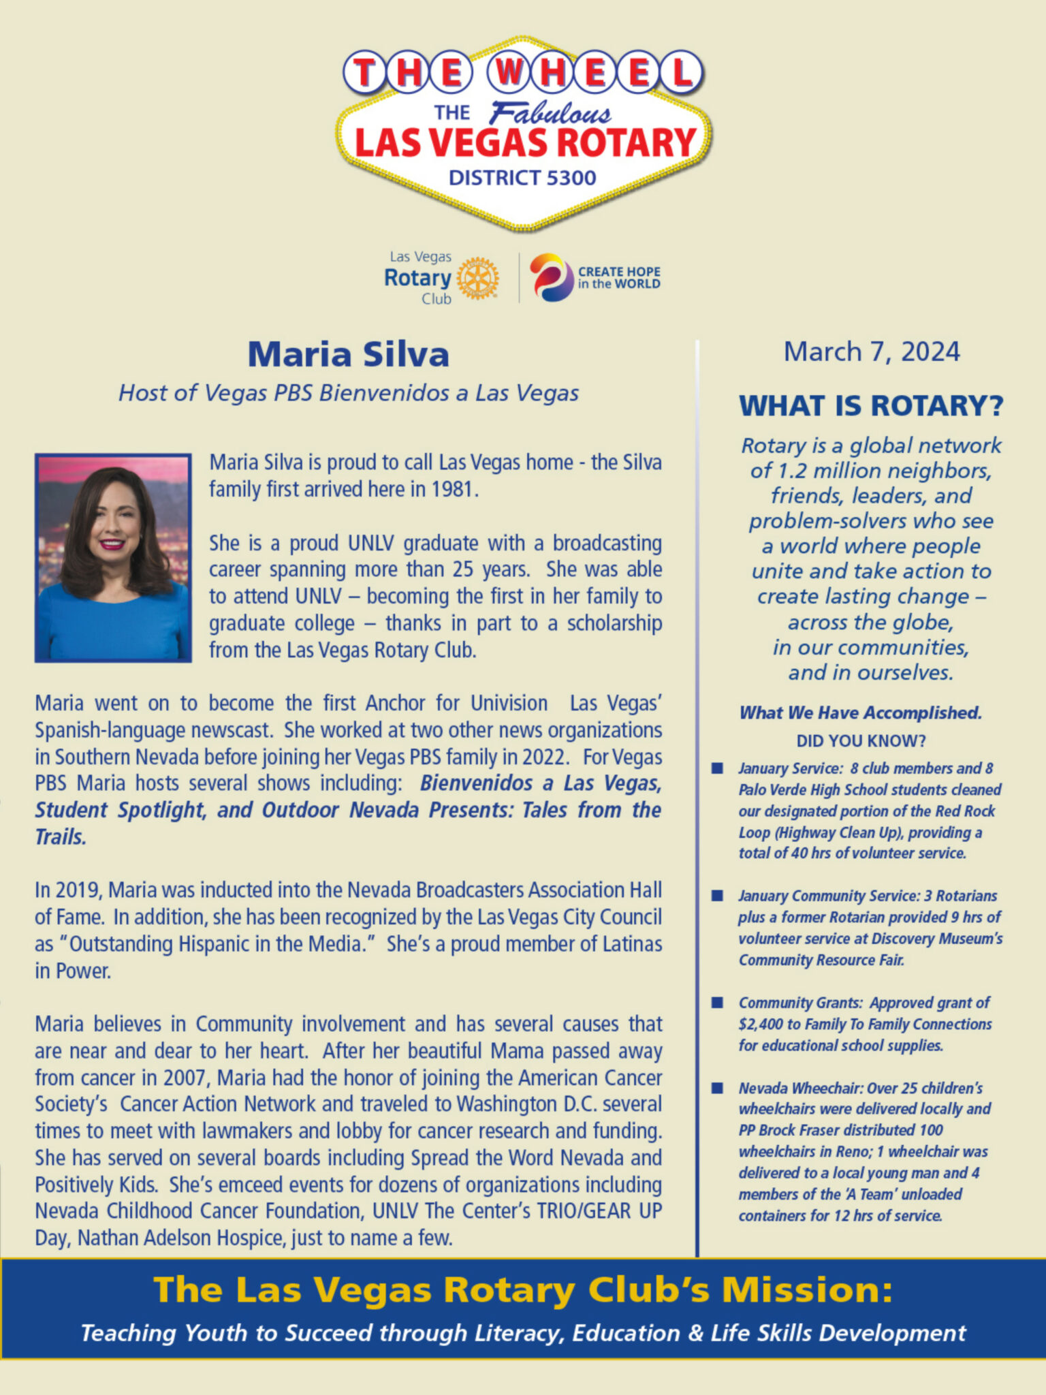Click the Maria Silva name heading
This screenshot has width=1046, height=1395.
[x=348, y=354]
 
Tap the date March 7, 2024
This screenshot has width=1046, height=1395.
[x=871, y=351]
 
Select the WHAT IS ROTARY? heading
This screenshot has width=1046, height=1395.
[x=871, y=406]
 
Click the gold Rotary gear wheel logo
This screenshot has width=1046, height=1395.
[x=477, y=278]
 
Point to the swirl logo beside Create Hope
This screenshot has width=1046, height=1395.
[x=551, y=277]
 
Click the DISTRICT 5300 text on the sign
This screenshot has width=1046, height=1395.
[x=522, y=178]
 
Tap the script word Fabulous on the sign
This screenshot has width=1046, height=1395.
[x=550, y=113]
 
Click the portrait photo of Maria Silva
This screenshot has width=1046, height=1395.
[x=113, y=557]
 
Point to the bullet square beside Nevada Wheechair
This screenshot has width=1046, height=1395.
[x=717, y=1088]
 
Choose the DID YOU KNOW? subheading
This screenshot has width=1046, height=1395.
[x=861, y=740]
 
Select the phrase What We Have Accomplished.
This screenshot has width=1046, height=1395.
[x=861, y=712]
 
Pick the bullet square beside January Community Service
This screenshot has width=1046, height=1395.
[x=717, y=895]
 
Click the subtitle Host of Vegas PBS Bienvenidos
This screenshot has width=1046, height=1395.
[x=348, y=393]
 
